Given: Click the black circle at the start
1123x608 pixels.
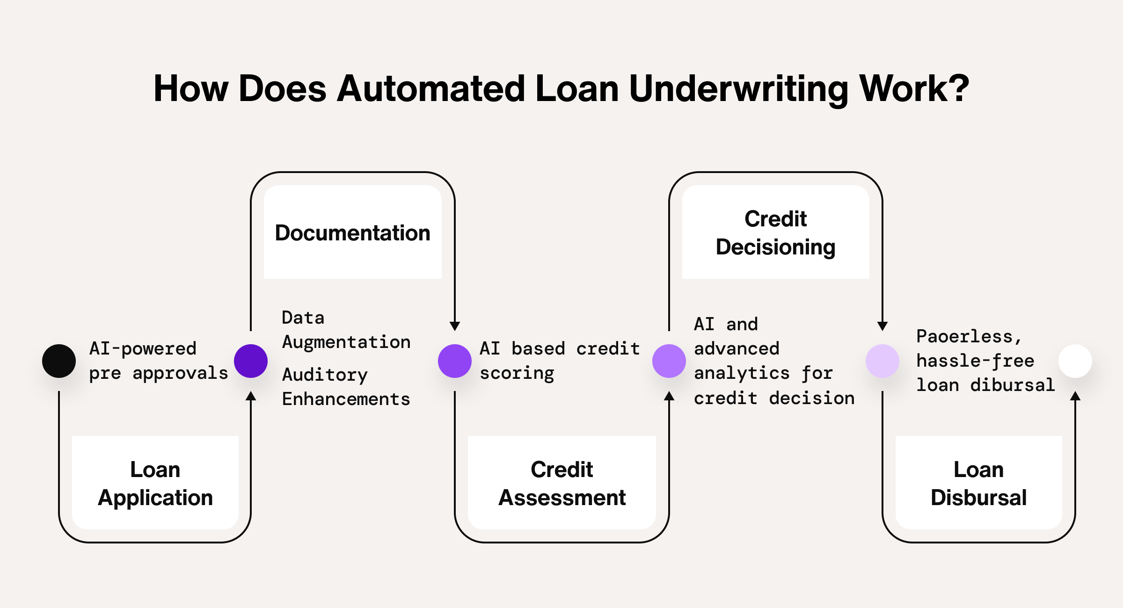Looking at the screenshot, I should coord(59,361).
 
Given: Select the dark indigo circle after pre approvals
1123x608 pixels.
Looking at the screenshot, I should coord(251,361).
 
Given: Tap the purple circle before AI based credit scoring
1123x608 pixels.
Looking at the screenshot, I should coord(454,361).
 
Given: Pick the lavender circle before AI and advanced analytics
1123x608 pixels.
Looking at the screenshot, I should coord(669,361).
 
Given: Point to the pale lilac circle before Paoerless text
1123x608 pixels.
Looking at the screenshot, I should coord(882,361).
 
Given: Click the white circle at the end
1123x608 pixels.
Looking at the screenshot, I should coord(1075,361).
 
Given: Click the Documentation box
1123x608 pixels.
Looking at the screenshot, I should coord(352,232).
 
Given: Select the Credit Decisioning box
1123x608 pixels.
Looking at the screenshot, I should coord(775,232).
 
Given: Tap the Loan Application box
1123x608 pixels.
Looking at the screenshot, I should coord(155,483).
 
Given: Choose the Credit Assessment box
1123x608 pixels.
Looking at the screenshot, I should coord(561,483).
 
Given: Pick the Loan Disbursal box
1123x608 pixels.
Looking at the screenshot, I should coord(978,483).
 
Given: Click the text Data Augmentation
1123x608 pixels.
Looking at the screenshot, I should coord(346,330).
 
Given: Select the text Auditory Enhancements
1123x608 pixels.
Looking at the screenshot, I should coord(346,387).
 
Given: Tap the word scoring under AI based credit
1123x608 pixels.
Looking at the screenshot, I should coord(517,373).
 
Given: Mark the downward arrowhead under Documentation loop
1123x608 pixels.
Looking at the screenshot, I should coord(454,326).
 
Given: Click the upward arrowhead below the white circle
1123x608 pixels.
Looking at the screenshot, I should coord(1075,396).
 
